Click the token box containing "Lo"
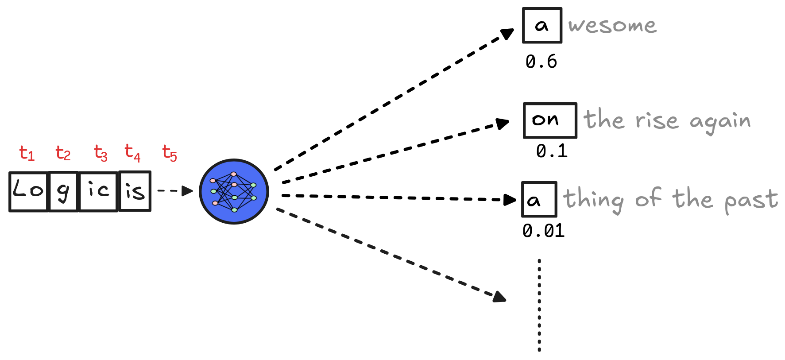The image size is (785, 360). (28, 191)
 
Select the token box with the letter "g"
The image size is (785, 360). (63, 191)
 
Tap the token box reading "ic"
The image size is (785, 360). (98, 191)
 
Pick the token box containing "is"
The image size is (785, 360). (135, 191)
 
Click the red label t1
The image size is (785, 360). (27, 153)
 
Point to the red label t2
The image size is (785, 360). (63, 153)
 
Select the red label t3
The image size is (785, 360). (101, 153)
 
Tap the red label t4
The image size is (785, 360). (132, 153)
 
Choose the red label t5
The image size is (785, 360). (170, 153)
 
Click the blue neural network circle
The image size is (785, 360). (234, 191)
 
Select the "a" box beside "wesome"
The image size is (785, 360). (542, 26)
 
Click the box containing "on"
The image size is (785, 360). (550, 120)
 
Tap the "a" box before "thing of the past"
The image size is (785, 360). (539, 199)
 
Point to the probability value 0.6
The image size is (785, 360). (541, 62)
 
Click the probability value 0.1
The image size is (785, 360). (552, 151)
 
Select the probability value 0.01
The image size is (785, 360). (543, 231)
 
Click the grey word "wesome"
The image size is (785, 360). (612, 26)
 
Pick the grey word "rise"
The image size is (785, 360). (657, 120)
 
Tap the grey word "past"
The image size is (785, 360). (751, 200)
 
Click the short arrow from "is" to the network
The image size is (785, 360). (175, 191)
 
